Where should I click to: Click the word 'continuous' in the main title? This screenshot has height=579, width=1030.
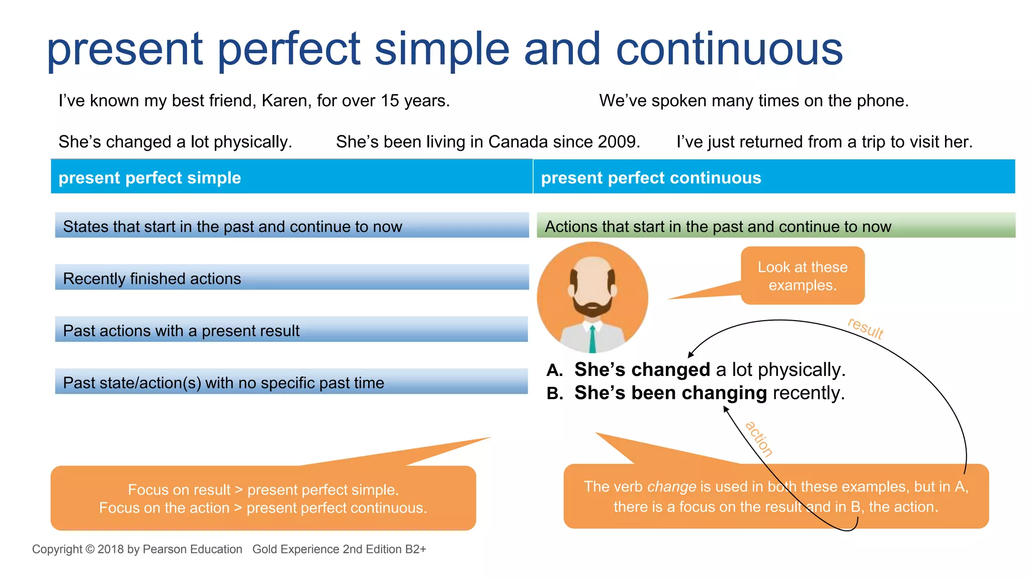pos(729,49)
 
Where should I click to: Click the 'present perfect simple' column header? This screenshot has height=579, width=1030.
pos(150,178)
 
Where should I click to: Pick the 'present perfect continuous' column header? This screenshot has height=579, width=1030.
pos(651,178)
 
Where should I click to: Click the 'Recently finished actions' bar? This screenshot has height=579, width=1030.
pos(292,278)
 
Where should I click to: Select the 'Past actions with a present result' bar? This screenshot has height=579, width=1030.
pos(292,330)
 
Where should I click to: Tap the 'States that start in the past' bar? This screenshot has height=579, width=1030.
pos(292,226)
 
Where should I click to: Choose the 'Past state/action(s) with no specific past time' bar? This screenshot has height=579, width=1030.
pos(292,382)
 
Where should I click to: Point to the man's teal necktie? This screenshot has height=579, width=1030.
pos(592,339)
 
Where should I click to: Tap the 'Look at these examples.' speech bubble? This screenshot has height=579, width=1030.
pos(803,276)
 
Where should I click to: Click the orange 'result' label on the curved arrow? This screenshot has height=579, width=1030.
pos(865,328)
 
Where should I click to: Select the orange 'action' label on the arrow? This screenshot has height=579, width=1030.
pos(759,439)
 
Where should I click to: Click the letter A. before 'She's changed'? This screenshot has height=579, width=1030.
pos(554,370)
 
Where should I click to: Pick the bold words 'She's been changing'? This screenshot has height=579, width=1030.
pos(670,393)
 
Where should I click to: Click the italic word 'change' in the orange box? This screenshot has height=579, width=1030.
pos(671,487)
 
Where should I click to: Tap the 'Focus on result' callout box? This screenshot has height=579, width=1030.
pos(263,498)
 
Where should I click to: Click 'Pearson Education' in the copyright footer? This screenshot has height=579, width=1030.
pos(192,549)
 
